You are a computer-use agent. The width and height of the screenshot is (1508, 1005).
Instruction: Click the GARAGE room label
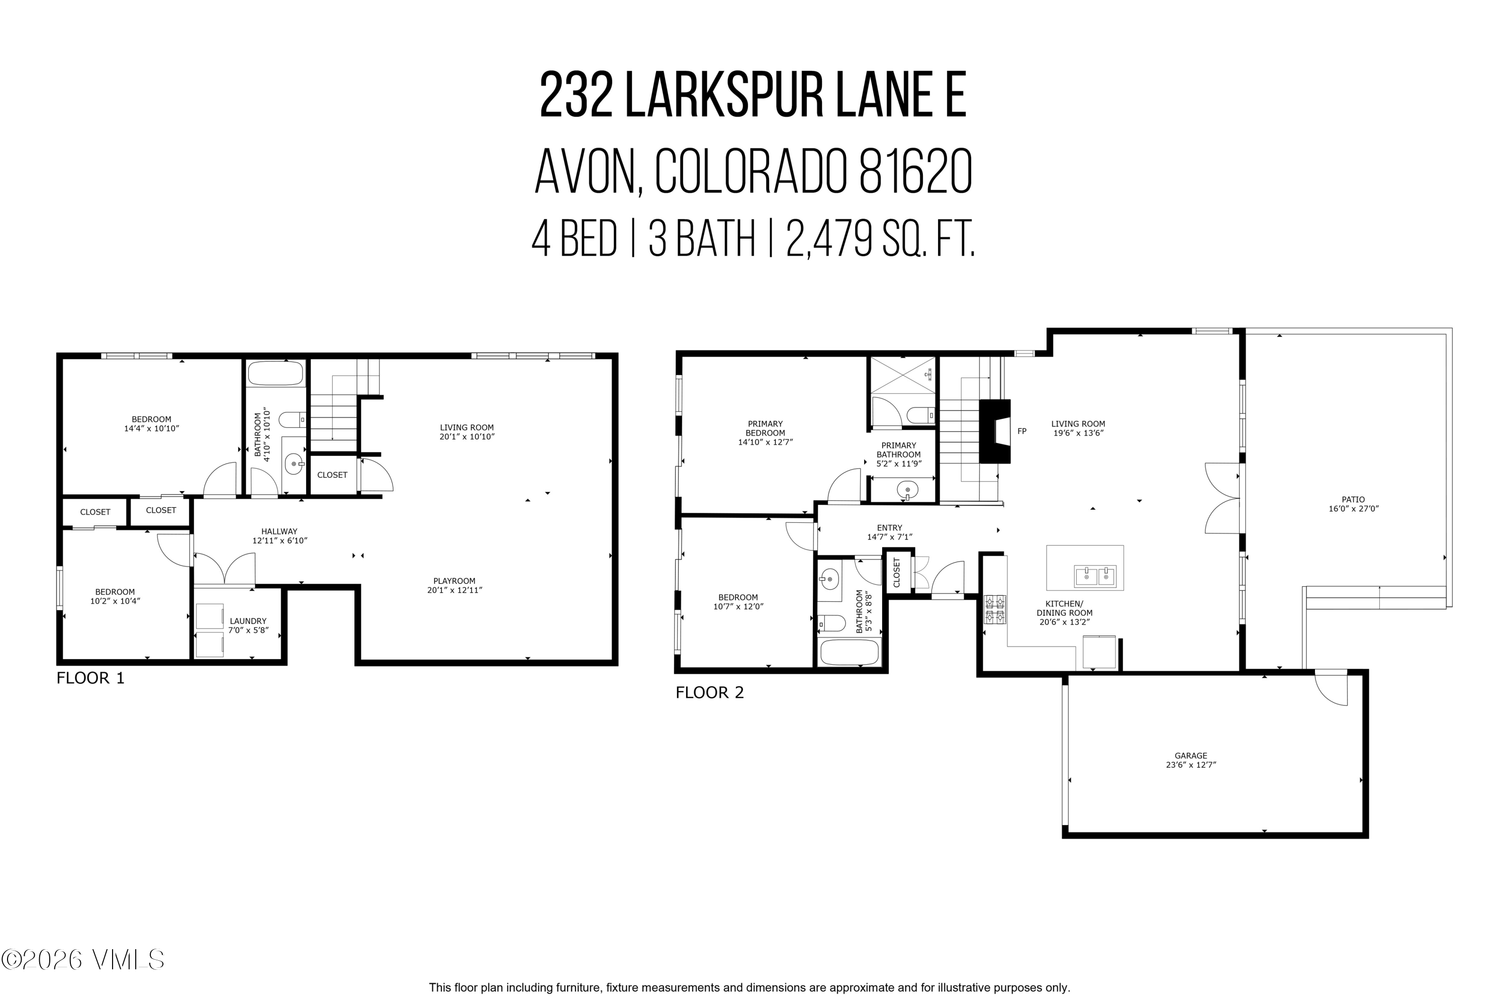[1190, 756]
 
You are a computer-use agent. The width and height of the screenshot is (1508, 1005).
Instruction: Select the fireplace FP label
[1021, 431]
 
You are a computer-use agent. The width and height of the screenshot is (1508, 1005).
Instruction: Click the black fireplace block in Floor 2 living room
[994, 431]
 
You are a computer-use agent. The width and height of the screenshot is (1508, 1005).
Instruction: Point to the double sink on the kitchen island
[1095, 576]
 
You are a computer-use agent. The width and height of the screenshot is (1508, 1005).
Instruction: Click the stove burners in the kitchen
[995, 609]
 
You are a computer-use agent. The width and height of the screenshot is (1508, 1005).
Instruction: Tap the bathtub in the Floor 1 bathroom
[275, 374]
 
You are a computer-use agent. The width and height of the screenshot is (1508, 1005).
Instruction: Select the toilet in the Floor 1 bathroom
[294, 420]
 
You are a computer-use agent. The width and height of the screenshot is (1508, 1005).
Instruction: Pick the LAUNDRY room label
[248, 621]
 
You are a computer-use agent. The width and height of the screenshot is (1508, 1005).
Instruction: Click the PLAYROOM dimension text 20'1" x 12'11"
[454, 590]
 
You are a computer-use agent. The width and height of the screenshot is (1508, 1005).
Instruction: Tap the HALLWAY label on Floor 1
[279, 531]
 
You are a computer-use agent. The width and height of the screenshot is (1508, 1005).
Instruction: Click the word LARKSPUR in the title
[724, 96]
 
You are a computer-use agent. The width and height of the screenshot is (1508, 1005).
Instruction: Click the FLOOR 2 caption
[709, 692]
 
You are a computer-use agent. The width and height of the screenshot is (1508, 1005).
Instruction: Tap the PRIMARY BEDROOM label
[765, 428]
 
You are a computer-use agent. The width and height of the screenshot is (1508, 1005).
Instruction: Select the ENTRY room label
[890, 527]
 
